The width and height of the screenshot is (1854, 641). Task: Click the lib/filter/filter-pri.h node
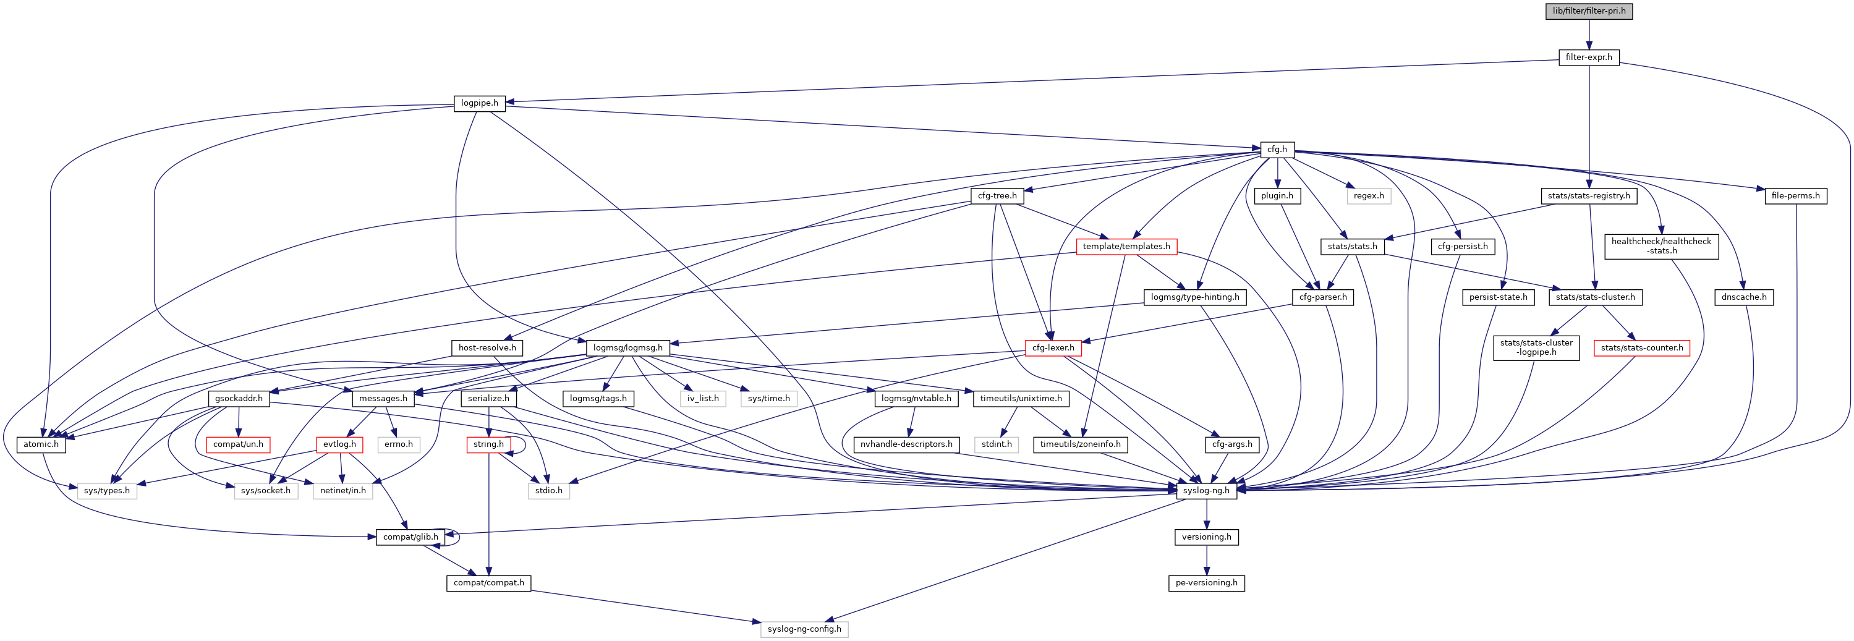(x=1588, y=11)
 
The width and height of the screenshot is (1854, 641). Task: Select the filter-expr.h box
(x=1588, y=57)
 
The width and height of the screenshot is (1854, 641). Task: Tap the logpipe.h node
(x=479, y=103)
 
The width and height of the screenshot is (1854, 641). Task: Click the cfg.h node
(x=1277, y=150)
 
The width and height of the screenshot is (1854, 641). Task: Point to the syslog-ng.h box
(x=1206, y=491)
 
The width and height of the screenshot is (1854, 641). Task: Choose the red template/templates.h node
(x=1126, y=247)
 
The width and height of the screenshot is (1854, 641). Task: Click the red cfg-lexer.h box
(x=1053, y=348)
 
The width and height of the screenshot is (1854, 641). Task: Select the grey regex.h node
(x=1368, y=196)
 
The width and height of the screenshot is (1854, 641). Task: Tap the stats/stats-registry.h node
(x=1588, y=196)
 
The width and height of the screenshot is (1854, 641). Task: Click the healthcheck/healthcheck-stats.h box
(x=1661, y=246)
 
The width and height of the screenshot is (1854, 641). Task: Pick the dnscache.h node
(x=1744, y=297)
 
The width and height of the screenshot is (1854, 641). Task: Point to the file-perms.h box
(x=1795, y=196)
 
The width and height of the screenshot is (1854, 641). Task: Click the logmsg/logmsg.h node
(x=627, y=348)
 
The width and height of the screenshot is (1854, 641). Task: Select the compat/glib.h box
(x=410, y=537)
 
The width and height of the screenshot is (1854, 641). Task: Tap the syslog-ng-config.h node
(x=804, y=629)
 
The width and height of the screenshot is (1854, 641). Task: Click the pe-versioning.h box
(x=1206, y=583)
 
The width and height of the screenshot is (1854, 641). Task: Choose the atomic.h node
(x=41, y=444)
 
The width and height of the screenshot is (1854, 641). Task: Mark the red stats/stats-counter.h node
(x=1642, y=348)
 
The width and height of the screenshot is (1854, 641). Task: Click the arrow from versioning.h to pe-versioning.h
(x=1206, y=559)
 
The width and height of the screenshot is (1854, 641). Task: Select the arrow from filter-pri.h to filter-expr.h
(x=1588, y=34)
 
